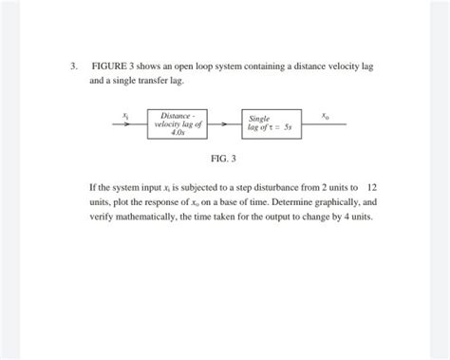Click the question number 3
[72, 67]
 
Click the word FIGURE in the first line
[107, 67]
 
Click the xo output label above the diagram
[326, 114]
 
